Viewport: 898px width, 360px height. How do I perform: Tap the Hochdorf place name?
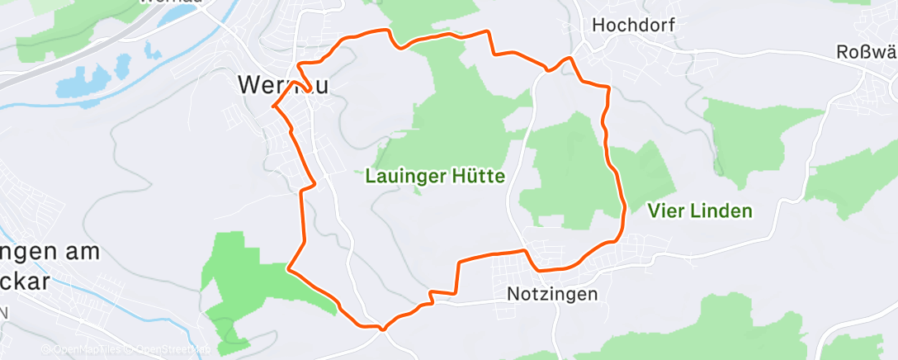tap(633, 26)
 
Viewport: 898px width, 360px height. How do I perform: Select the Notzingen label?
tap(552, 293)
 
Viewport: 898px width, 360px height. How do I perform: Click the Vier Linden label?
tap(700, 211)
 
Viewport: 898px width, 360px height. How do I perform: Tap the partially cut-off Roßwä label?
tap(866, 52)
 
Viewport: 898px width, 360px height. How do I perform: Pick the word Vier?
tap(663, 211)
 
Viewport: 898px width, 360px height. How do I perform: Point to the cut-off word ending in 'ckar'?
tap(25, 280)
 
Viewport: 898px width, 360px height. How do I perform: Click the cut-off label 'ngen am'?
tap(45, 251)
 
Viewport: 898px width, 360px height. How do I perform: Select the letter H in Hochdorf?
tap(598, 26)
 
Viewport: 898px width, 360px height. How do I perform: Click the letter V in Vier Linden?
tap(653, 211)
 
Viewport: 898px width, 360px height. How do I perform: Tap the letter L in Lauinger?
tap(369, 176)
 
